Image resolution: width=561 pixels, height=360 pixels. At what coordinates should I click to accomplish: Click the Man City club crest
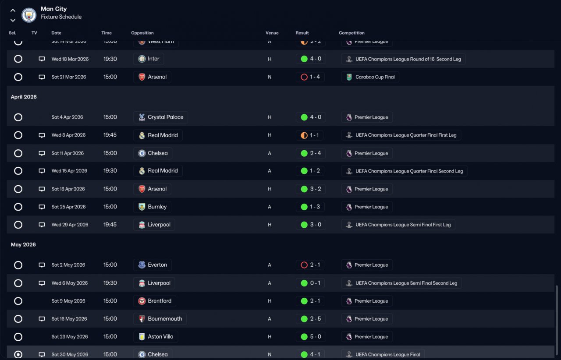pos(29,15)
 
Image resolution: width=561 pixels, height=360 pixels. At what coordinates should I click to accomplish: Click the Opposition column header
pos(142,33)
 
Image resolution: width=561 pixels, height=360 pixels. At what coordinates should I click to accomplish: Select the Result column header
pos(302,33)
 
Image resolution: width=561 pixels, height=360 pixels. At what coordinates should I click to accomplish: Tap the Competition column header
pos(352,33)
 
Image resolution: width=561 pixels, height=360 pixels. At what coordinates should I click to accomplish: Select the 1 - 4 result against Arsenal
pos(310,77)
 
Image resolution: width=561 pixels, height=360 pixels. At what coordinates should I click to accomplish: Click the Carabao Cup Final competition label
pos(370,77)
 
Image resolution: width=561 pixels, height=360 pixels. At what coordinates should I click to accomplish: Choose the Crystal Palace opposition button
pos(161,117)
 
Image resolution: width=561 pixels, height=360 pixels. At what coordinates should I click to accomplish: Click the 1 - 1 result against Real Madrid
pos(310,135)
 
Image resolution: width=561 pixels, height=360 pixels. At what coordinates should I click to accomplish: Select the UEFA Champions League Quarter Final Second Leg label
pos(404,171)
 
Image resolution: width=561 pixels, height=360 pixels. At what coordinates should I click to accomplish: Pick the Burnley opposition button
pos(153,207)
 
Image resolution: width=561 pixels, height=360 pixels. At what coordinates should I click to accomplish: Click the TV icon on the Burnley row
pos(42,207)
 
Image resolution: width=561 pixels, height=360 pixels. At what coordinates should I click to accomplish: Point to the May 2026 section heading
pos(23,244)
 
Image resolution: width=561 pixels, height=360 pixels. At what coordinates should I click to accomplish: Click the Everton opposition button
pos(153,265)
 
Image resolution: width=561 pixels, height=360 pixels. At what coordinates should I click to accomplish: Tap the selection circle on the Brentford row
pos(18,301)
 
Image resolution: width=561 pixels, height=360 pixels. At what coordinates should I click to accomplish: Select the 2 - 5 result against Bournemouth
pos(310,319)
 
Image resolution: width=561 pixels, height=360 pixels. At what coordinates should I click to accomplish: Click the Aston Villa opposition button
pos(156,337)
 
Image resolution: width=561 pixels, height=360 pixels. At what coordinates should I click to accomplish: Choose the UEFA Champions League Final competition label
pos(383,354)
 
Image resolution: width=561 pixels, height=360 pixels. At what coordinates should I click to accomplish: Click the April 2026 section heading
pos(24,97)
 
